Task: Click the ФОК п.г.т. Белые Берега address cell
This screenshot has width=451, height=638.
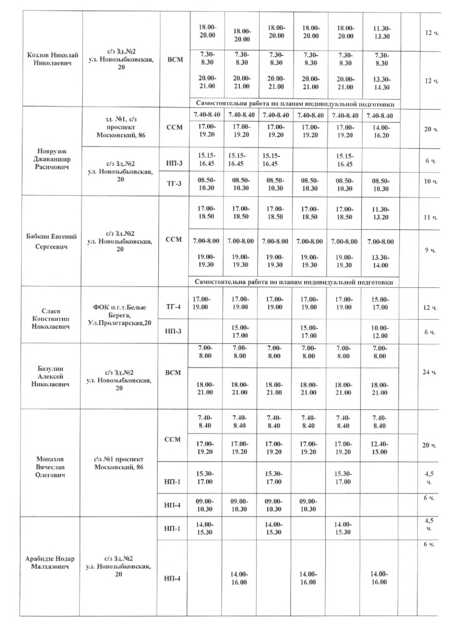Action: pyautogui.click(x=121, y=315)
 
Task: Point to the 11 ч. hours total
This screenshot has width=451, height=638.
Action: pyautogui.click(x=429, y=219)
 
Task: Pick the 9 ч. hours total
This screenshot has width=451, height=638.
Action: pyautogui.click(x=429, y=250)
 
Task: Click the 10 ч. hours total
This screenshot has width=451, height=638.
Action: pyautogui.click(x=429, y=181)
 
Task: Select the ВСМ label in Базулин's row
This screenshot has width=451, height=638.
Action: pyautogui.click(x=174, y=372)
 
